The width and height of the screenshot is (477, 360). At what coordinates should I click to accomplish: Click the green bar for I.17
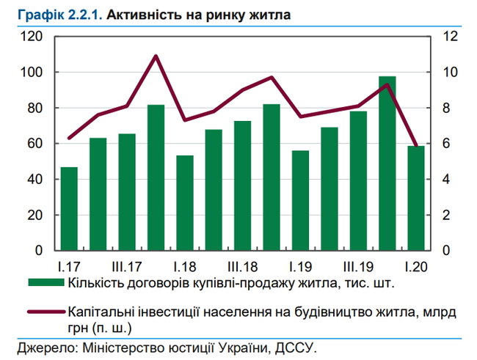[x=70, y=209]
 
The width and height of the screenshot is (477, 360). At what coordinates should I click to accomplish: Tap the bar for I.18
[x=184, y=203]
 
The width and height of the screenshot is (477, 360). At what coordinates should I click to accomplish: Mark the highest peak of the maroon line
[x=156, y=56]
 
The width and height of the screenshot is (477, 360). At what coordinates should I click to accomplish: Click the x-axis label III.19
[x=357, y=265]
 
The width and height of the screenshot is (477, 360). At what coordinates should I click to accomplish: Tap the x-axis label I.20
[x=415, y=265]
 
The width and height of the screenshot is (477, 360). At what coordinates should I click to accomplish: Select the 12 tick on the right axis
[x=451, y=37]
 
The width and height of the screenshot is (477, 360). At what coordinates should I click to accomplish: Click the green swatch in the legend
[x=45, y=283]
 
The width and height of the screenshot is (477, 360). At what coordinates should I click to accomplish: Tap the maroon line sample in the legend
[x=45, y=312]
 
